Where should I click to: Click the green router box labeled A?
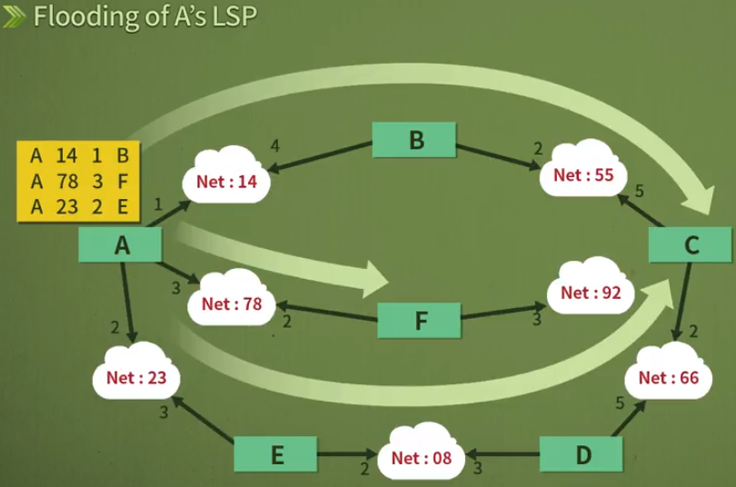click(121, 244)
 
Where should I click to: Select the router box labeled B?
click(413, 140)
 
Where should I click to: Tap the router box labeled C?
click(691, 244)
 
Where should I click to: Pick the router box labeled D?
click(582, 454)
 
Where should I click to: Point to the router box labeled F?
click(419, 320)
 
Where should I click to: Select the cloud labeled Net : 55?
click(584, 174)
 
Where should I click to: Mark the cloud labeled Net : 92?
click(592, 293)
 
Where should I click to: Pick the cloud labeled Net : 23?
click(136, 376)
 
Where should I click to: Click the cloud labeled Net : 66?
click(669, 377)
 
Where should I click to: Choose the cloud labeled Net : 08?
click(422, 457)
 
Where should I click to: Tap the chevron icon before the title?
click(15, 17)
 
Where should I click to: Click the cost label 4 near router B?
click(274, 145)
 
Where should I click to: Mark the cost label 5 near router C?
click(639, 192)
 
